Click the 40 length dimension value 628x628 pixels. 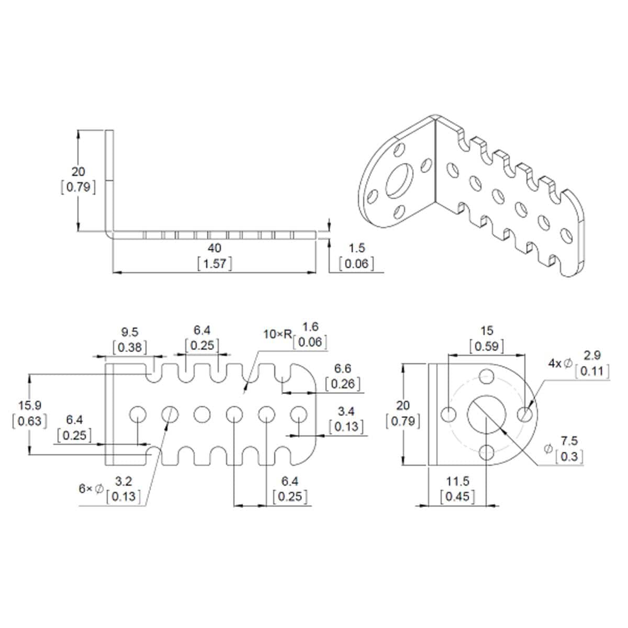coord(215,247)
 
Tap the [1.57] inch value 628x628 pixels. coord(215,263)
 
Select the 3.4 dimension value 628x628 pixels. coord(346,411)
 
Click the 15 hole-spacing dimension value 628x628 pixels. coord(487,331)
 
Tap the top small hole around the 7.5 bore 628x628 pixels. coord(487,376)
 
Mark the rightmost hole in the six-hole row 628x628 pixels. coord(299,414)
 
